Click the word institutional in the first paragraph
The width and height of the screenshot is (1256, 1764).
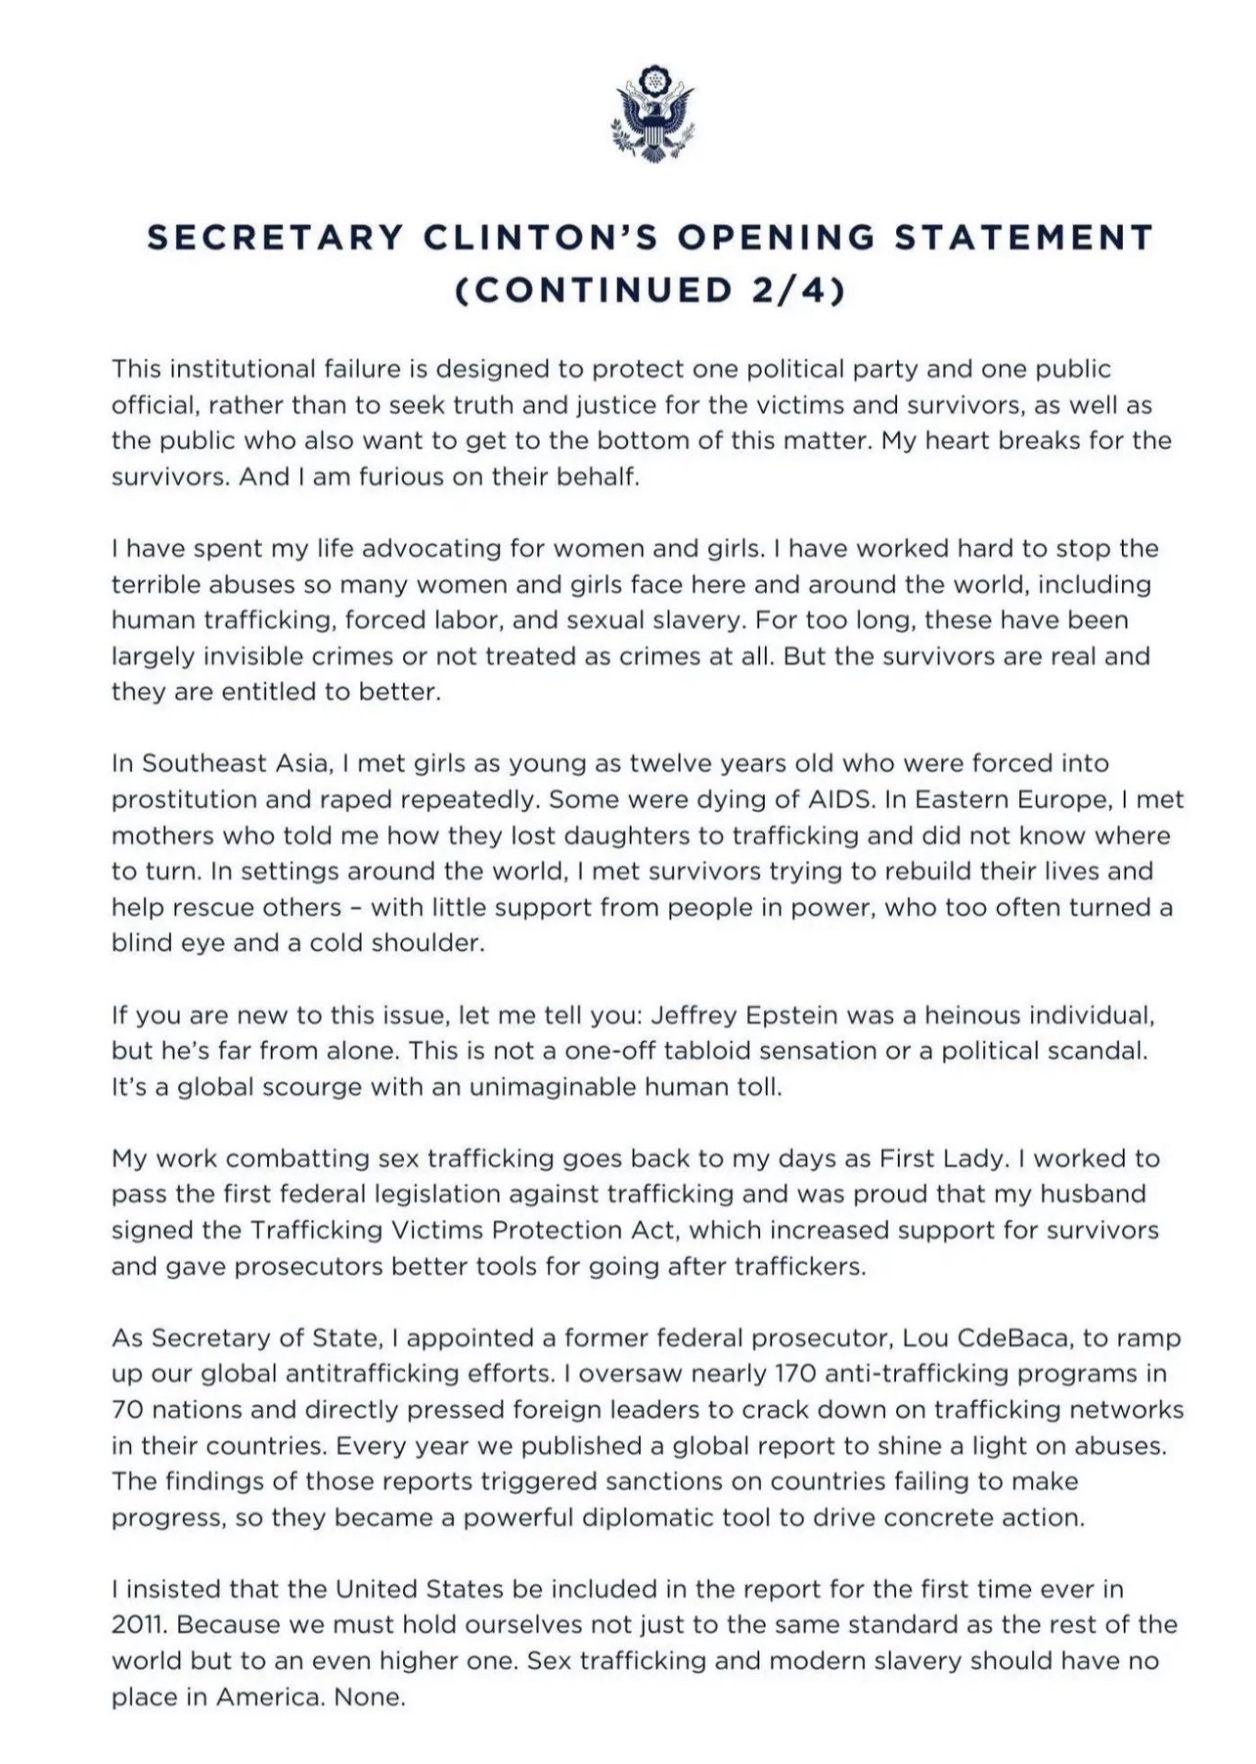[x=244, y=370]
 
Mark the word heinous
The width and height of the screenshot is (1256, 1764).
[x=971, y=1015]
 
